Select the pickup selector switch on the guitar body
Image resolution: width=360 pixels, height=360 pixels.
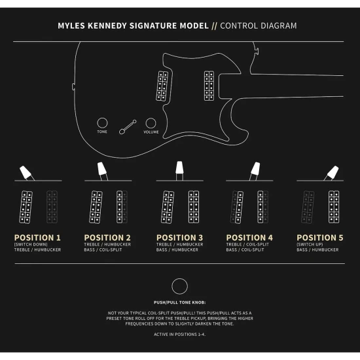128,127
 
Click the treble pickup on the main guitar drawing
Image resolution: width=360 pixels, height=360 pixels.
162,86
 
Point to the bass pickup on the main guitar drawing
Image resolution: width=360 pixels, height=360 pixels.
209,86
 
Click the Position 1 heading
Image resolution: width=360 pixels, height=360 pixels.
37,238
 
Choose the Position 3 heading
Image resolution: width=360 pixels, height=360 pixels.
179,238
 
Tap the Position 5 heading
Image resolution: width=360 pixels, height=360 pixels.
320,238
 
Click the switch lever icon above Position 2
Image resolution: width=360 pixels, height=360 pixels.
102,171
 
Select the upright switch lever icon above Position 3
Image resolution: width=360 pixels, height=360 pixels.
179,170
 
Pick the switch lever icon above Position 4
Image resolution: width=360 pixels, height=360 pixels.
255,171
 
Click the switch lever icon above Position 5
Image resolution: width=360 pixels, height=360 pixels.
331,173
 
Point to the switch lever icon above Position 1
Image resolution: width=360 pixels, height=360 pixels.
27,173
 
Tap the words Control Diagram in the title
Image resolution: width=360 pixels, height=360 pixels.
259,26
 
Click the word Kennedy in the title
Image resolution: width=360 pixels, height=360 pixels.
107,26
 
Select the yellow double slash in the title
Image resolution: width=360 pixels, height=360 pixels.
214,26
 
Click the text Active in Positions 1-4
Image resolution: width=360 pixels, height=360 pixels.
179,334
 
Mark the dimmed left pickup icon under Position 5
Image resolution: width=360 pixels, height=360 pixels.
308,207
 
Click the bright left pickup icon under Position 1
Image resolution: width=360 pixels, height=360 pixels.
26,207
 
